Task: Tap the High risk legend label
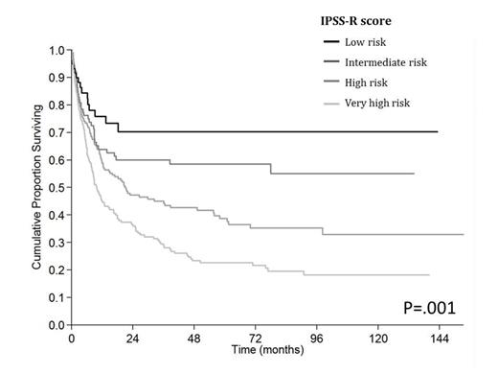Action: (374, 83)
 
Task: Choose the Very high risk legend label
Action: (386, 105)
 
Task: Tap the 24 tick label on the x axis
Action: (133, 340)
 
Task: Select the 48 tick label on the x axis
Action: (194, 340)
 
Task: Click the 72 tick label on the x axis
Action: (256, 340)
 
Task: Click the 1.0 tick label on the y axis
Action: (57, 50)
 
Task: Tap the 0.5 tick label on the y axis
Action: (57, 188)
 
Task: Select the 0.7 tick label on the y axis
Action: (57, 132)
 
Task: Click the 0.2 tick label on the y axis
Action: (57, 270)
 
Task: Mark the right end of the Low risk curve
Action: (439, 132)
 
